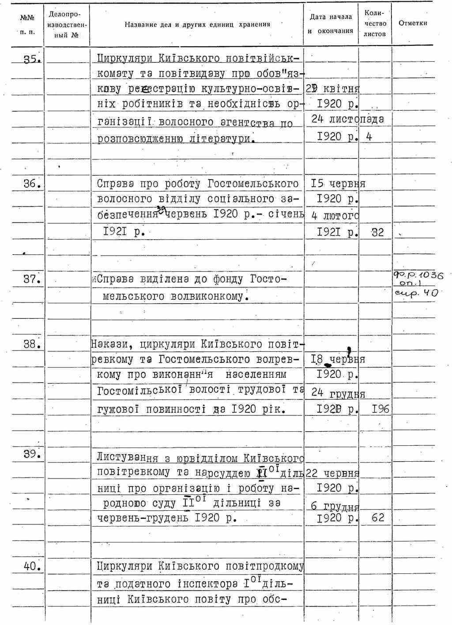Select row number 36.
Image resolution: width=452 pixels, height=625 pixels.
pos(32,184)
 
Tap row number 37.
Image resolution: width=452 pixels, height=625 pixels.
pos(32,279)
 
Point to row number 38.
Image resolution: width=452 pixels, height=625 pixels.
pos(32,344)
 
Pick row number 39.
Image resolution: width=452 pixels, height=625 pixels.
pos(32,454)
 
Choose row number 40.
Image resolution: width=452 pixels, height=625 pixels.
pos(32,566)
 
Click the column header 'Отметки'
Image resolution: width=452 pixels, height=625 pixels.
pos(413,23)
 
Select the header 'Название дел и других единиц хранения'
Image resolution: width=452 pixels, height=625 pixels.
pos(197,25)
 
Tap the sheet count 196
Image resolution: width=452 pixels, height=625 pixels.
pos(380,409)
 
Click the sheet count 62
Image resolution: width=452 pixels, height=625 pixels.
pos(378,517)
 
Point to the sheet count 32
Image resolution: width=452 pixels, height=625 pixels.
pos(377,232)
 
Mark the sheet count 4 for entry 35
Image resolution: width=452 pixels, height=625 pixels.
pos(369,137)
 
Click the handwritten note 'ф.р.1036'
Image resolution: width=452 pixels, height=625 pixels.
pos(418,275)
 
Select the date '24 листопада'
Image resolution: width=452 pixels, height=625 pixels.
pos(347,119)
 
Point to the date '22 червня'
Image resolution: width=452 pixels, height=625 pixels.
pos(332,473)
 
